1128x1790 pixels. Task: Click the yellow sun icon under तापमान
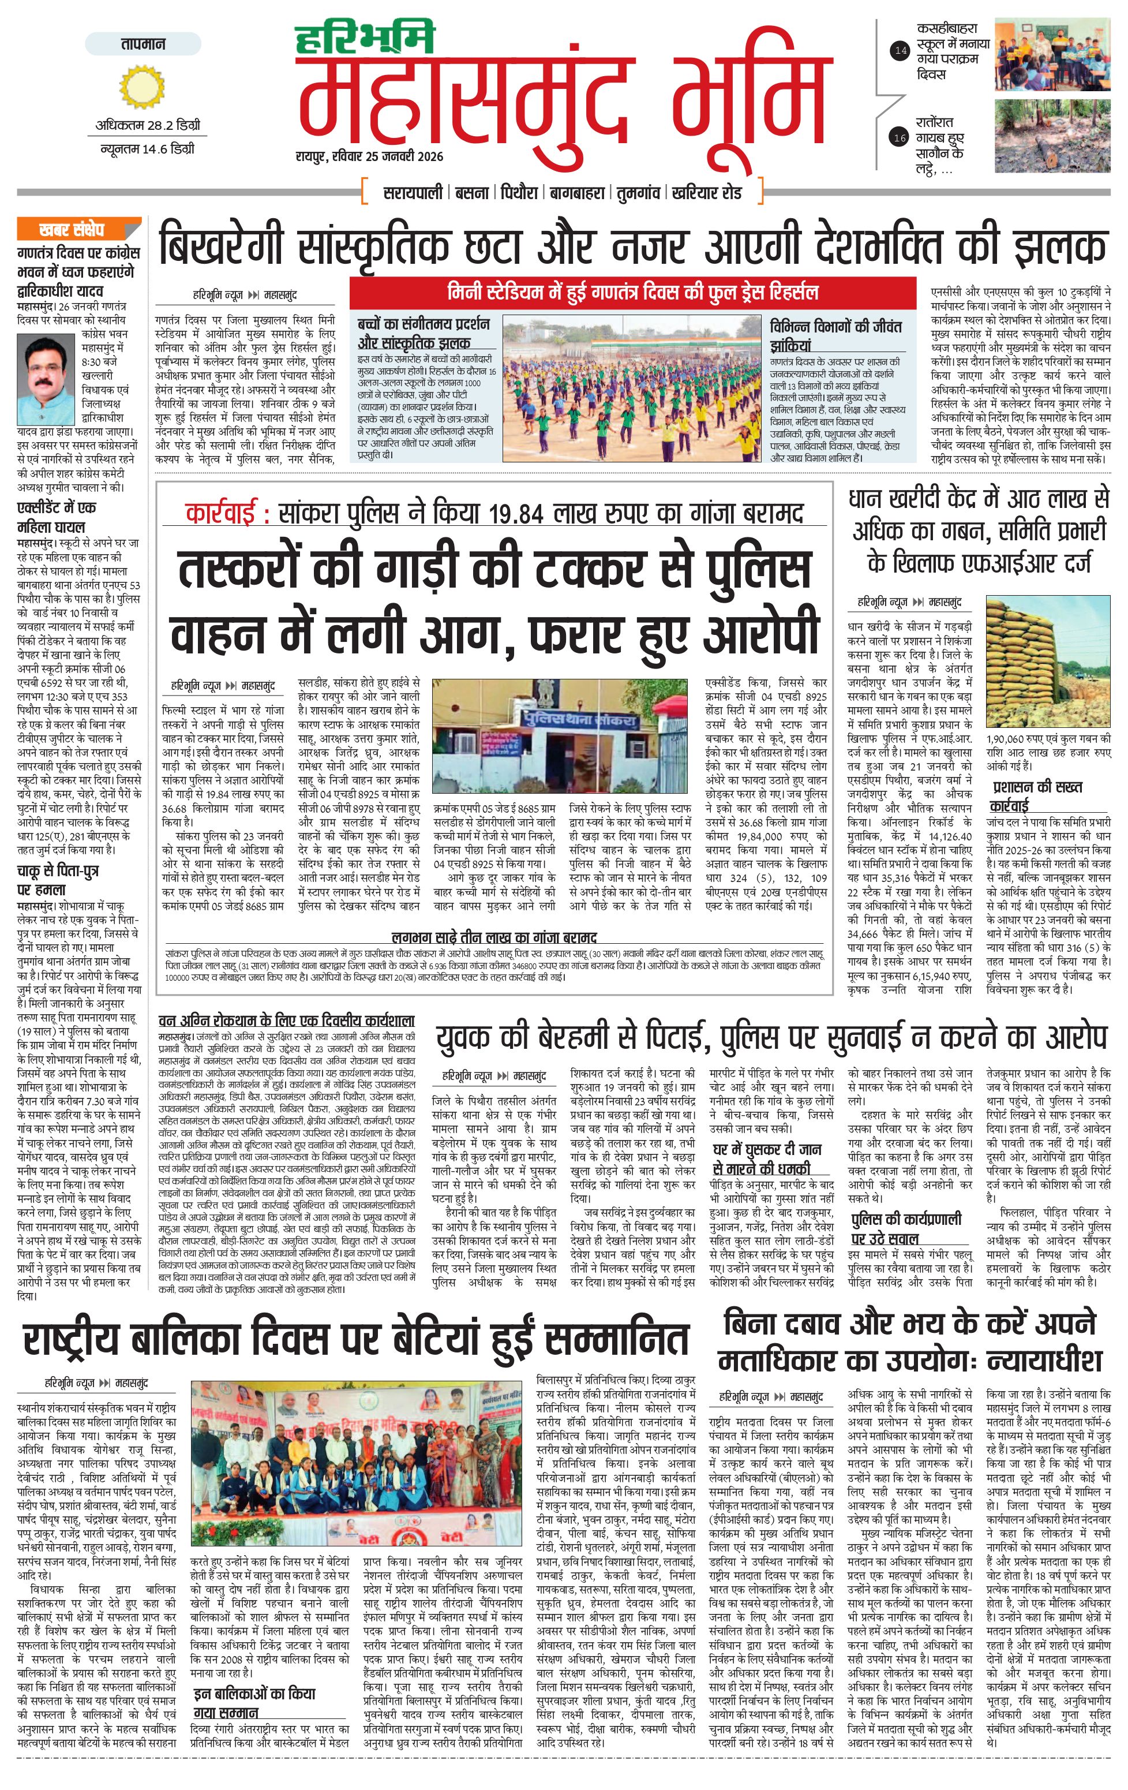pyautogui.click(x=142, y=85)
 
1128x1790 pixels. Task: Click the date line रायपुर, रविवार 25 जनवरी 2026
pyautogui.click(x=369, y=156)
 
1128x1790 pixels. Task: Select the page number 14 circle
pyautogui.click(x=901, y=51)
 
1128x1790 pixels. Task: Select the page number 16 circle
pyautogui.click(x=901, y=137)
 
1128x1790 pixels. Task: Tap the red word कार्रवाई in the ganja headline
pyautogui.click(x=227, y=513)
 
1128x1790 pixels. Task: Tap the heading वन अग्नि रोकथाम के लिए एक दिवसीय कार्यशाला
pyautogui.click(x=286, y=1021)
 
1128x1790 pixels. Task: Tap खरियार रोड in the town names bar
pyautogui.click(x=707, y=193)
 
